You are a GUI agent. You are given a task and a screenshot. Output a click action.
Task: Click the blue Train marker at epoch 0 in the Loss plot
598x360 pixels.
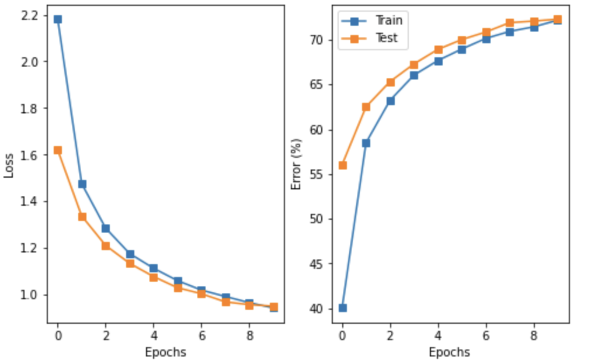click(57, 19)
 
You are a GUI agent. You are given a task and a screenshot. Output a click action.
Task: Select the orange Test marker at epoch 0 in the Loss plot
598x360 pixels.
click(57, 150)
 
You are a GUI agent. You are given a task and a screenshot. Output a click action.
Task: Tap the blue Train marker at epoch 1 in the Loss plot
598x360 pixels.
click(82, 184)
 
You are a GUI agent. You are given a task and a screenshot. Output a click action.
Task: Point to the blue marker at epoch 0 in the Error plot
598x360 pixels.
click(342, 308)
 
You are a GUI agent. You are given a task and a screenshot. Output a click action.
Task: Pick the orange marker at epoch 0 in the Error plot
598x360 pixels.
click(342, 165)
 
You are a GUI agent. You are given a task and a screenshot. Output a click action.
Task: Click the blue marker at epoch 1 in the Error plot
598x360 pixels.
click(366, 143)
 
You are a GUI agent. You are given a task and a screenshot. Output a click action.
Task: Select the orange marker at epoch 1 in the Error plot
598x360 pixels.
click(366, 107)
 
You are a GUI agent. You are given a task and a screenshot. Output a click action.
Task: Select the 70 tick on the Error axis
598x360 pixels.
click(319, 40)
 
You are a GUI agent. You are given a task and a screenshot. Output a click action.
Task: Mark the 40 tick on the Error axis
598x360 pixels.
click(319, 309)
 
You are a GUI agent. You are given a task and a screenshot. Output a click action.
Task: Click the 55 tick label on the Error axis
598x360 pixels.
click(319, 175)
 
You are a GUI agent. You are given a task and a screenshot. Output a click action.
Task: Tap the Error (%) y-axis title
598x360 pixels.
click(296, 164)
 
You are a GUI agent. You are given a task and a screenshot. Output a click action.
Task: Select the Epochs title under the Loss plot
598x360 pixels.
click(166, 352)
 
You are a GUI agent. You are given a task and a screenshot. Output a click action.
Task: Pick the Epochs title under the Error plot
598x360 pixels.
click(449, 352)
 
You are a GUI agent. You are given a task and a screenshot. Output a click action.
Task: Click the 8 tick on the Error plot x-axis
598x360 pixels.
click(534, 335)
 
